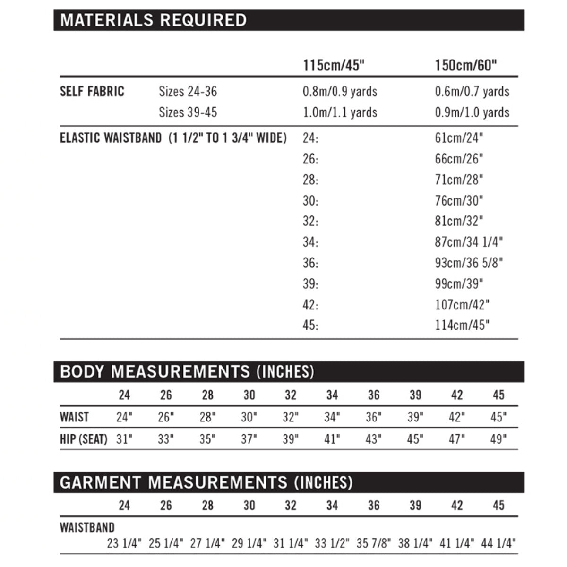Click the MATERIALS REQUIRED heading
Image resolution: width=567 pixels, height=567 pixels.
click(153, 20)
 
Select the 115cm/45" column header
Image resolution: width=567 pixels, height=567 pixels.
click(334, 65)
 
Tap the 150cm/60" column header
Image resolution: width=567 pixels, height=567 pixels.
click(466, 65)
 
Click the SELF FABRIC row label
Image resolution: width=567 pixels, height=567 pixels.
click(92, 91)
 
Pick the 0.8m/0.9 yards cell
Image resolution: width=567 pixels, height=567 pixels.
click(340, 91)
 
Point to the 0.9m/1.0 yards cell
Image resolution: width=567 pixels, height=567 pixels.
click(472, 112)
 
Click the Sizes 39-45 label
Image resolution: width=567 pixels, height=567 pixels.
click(188, 112)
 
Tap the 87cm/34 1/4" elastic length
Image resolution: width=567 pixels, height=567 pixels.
click(469, 242)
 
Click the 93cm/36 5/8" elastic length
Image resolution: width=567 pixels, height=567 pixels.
click(469, 263)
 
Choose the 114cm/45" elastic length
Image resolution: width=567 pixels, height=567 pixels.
click(462, 325)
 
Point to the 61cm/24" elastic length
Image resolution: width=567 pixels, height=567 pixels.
click(459, 138)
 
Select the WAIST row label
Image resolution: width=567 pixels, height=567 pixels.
click(74, 417)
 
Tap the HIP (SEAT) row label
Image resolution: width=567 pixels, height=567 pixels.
click(84, 439)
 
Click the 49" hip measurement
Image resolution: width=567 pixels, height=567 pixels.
click(498, 439)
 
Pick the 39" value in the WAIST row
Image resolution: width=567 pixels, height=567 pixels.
click(415, 417)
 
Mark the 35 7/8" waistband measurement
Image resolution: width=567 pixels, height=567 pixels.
click(374, 543)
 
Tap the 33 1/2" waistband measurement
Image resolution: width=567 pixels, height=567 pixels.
click(332, 543)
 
